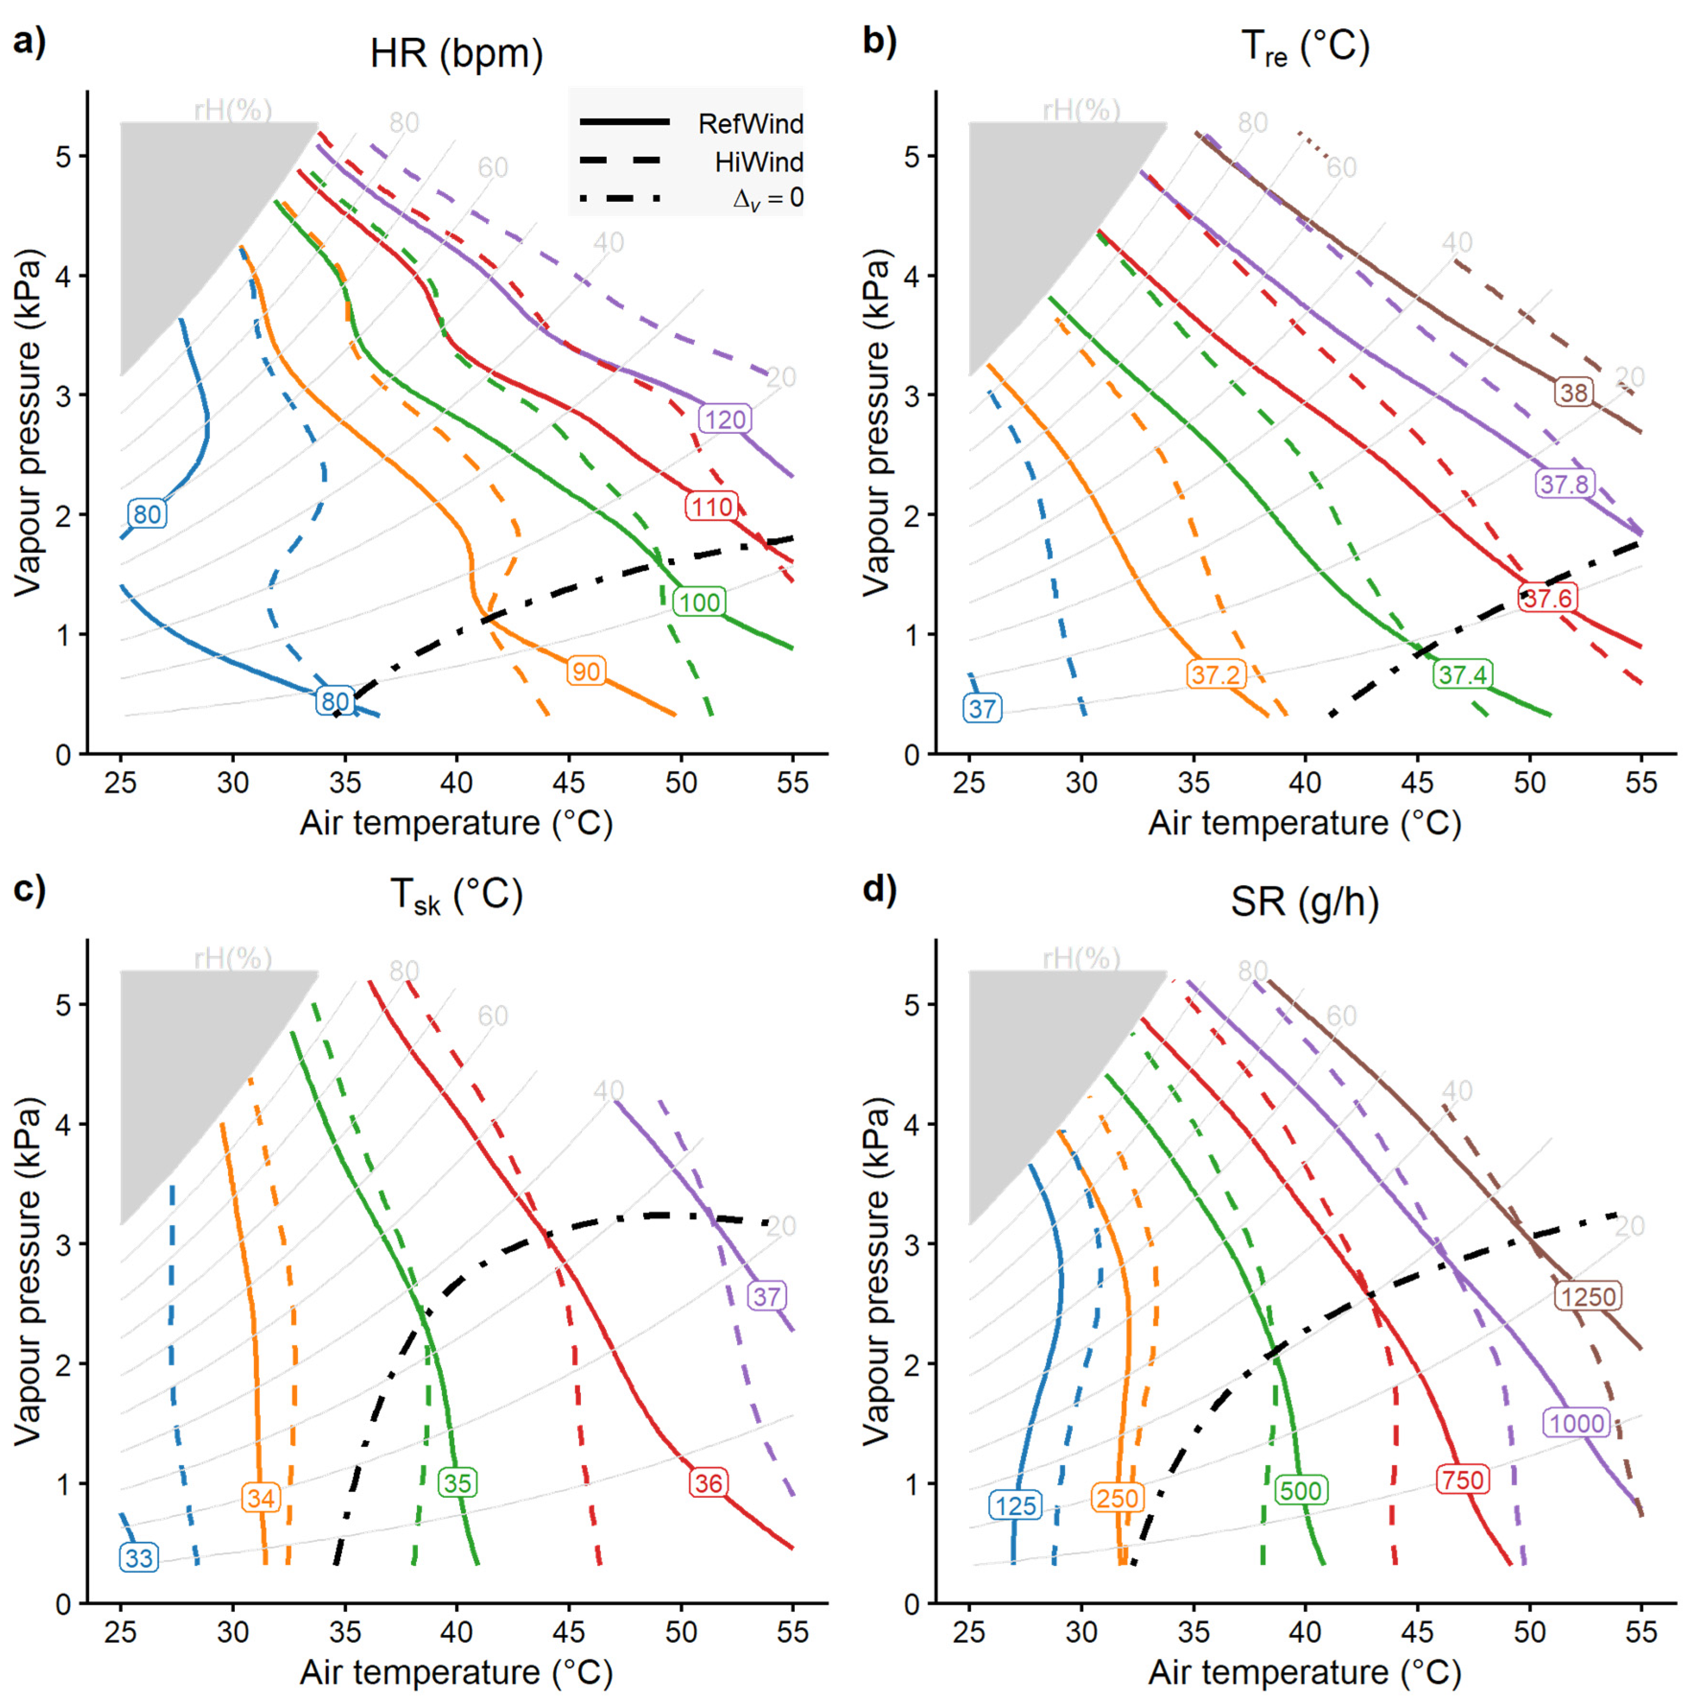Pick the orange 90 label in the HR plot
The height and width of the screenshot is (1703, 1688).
[586, 672]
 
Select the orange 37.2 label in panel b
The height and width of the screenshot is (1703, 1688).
[1215, 675]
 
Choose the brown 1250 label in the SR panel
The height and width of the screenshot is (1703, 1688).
[1587, 1296]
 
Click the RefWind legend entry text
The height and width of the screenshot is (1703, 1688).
[751, 123]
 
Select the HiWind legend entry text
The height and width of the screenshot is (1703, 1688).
[759, 162]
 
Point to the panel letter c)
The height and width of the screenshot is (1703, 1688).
[29, 889]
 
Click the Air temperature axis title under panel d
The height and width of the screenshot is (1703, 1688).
[1304, 1672]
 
